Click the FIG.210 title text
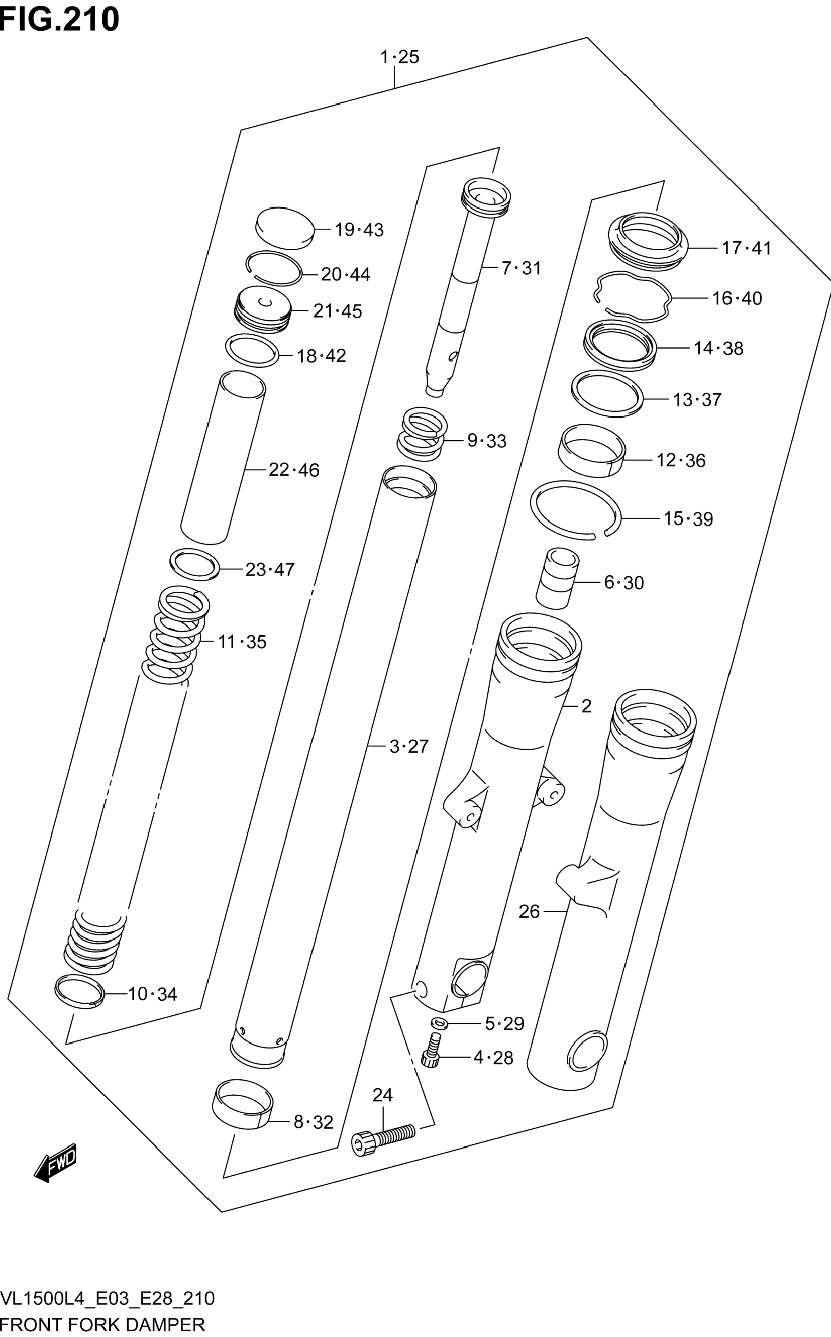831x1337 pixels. [x=59, y=20]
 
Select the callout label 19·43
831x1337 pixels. [x=359, y=230]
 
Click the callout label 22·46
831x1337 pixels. [x=293, y=470]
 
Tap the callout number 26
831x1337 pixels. [x=529, y=912]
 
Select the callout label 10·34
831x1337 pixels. [x=152, y=994]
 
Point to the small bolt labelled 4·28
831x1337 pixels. [x=432, y=1051]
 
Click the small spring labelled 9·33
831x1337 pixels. [x=422, y=434]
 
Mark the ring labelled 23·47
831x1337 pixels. [x=194, y=564]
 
